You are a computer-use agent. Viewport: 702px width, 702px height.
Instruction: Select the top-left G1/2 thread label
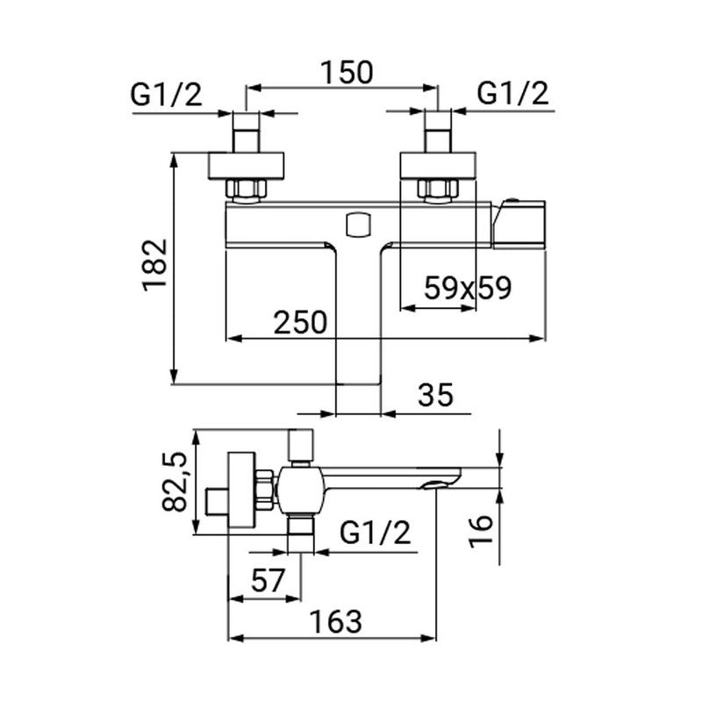[x=167, y=94]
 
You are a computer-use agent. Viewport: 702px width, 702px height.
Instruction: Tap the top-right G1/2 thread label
[x=513, y=94]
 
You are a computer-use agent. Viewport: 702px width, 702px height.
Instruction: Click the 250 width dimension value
[x=302, y=321]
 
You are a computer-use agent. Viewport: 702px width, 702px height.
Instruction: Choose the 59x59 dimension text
[x=467, y=288]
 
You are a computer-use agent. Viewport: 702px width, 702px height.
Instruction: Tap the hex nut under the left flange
[x=246, y=189]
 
